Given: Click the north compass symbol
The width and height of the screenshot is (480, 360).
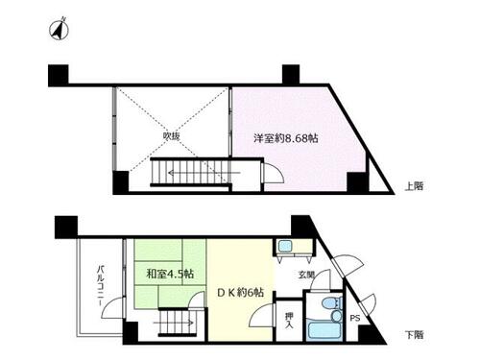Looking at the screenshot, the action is (59, 30).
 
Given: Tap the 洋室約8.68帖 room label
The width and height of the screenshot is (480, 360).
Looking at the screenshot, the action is (285, 138).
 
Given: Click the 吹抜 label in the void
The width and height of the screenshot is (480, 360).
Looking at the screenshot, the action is (171, 136).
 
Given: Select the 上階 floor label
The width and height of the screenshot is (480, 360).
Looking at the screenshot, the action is (414, 186).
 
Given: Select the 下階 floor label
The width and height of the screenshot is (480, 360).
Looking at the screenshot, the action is (414, 335).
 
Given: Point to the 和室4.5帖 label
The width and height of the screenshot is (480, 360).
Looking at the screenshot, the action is (170, 274).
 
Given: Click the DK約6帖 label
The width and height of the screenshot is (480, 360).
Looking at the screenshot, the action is (240, 292).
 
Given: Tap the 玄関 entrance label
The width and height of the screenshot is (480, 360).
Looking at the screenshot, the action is (306, 275).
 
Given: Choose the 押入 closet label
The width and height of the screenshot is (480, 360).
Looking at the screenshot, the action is (289, 321).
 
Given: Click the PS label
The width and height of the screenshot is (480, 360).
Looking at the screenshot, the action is (354, 318).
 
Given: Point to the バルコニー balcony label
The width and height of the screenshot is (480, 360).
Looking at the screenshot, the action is (101, 285).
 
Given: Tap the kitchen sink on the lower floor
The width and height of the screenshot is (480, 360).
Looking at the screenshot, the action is (284, 247).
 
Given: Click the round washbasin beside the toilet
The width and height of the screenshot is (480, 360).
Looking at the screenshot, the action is (336, 317).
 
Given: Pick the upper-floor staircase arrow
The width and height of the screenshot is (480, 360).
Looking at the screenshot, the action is (204, 173).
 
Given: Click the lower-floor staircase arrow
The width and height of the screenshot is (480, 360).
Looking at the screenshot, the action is (174, 323).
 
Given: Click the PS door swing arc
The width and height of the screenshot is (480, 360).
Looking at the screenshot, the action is (371, 302).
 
